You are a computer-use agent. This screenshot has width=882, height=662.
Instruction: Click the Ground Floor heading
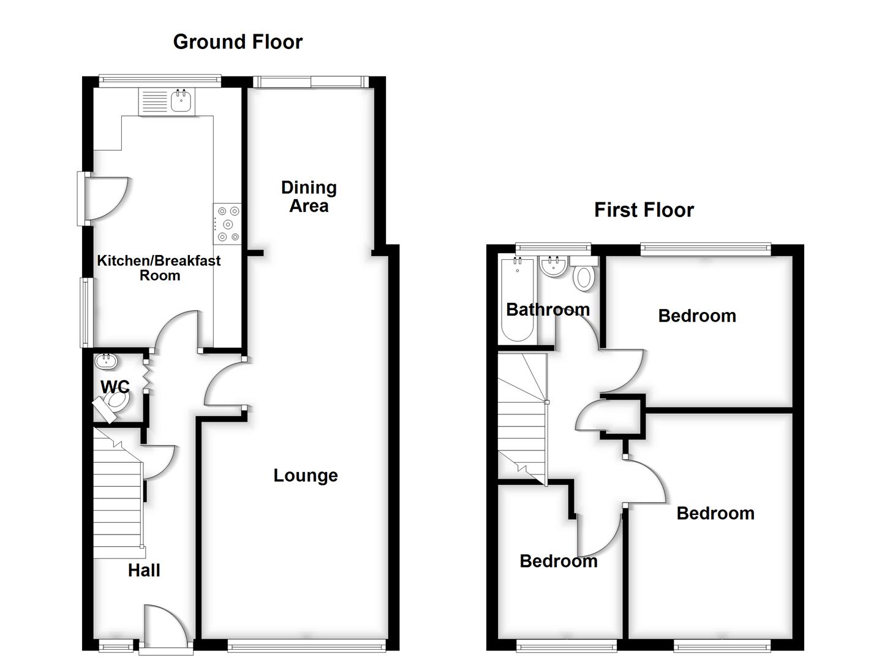[238, 42]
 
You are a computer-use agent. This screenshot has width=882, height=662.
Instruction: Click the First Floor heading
[644, 210]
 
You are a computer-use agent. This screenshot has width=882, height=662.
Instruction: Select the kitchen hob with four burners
[228, 224]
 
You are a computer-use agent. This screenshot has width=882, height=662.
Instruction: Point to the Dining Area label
[309, 197]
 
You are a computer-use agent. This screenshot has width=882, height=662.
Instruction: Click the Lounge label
[305, 476]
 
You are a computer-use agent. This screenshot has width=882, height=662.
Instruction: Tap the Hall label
[144, 571]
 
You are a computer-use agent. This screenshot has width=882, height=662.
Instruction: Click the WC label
[115, 387]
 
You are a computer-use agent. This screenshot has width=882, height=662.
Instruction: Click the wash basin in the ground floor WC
[107, 361]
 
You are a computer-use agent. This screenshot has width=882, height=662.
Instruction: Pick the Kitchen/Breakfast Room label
[159, 268]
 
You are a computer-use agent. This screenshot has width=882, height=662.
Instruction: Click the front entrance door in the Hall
[164, 625]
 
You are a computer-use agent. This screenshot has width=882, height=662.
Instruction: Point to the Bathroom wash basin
[554, 267]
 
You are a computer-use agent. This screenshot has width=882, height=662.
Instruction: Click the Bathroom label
[548, 310]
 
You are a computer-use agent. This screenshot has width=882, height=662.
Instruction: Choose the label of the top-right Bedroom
[697, 316]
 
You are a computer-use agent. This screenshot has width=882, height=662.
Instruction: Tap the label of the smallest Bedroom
[558, 561]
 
